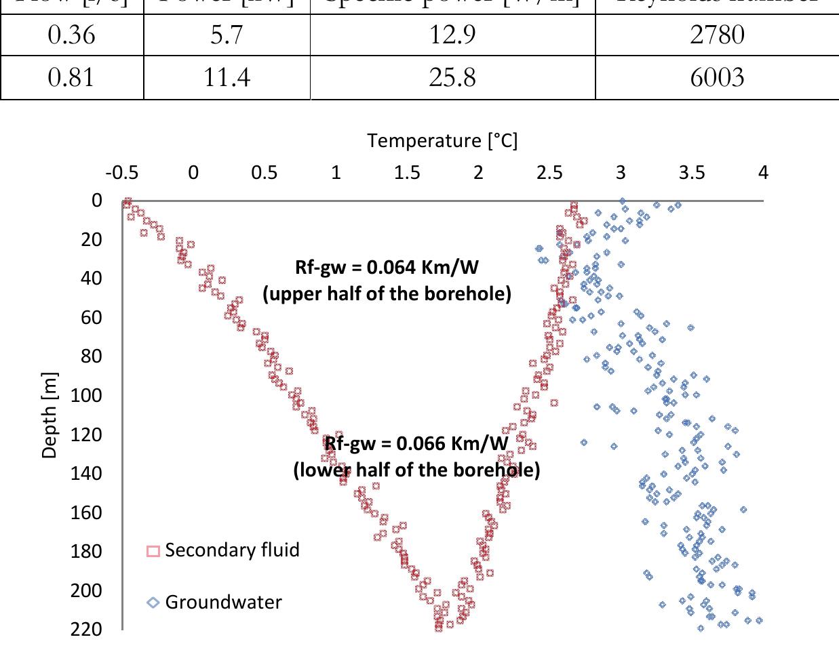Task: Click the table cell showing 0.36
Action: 72,34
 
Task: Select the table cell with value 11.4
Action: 227,78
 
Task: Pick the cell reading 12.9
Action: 452,34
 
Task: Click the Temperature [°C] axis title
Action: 442,141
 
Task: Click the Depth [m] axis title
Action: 50,415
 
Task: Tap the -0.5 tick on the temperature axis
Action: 122,173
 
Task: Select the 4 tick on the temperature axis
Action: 763,173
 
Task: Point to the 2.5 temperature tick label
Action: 549,173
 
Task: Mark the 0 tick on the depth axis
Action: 96,201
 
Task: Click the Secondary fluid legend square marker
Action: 153,551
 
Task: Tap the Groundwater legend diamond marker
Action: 153,603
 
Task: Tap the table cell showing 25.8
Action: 452,78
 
